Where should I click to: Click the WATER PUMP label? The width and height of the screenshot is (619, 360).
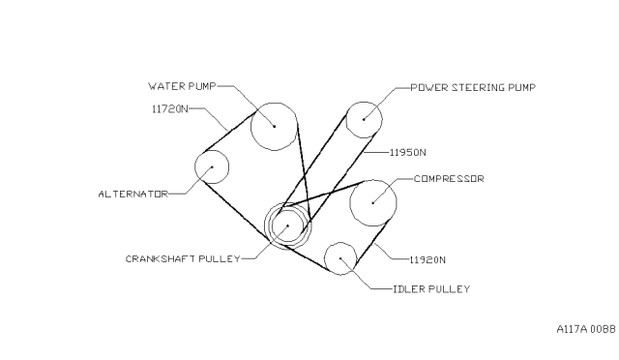point(182,86)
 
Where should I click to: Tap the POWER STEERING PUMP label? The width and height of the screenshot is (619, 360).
point(473,87)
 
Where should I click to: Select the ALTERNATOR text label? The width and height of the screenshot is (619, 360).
point(133,194)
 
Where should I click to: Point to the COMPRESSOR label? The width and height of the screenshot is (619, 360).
point(449,179)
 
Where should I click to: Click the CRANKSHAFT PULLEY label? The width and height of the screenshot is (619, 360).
point(183,258)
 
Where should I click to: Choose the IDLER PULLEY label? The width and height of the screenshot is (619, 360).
point(431,289)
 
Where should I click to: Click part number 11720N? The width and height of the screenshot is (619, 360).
point(170,108)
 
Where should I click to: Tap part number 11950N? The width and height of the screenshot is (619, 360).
point(408,152)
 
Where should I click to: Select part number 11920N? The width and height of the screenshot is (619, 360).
point(427,259)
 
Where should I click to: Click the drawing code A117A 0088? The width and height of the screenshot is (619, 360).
point(586,329)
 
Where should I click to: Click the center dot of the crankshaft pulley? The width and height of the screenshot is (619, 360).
point(288,225)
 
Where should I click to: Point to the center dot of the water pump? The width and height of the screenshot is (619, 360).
point(274,127)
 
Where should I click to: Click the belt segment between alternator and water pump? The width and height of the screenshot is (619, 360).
point(229,132)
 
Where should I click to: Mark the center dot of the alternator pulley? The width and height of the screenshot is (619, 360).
point(212,166)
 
